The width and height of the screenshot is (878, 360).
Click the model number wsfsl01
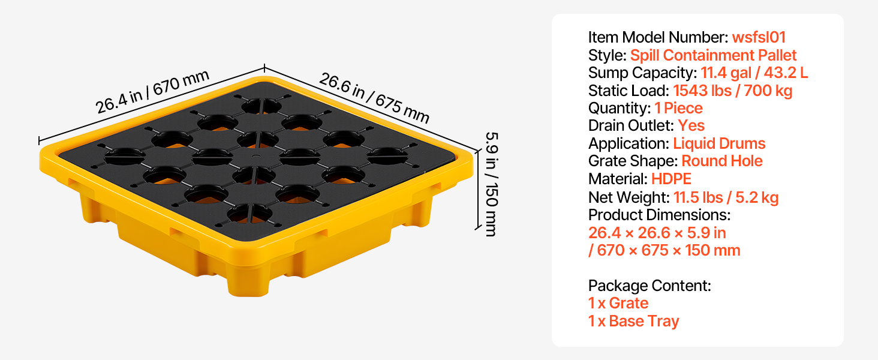(759, 37)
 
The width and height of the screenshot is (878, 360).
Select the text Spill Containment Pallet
(713, 55)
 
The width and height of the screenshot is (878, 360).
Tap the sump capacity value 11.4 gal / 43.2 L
(754, 73)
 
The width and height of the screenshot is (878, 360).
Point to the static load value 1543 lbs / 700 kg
(733, 91)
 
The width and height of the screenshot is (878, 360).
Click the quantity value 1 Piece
(678, 108)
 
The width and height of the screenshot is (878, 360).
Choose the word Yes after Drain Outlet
(691, 125)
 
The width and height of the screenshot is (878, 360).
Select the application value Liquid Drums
(719, 143)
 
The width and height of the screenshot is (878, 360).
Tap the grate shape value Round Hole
(722, 161)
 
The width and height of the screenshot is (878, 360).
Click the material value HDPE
(671, 179)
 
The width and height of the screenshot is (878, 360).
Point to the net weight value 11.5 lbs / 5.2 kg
(726, 197)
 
